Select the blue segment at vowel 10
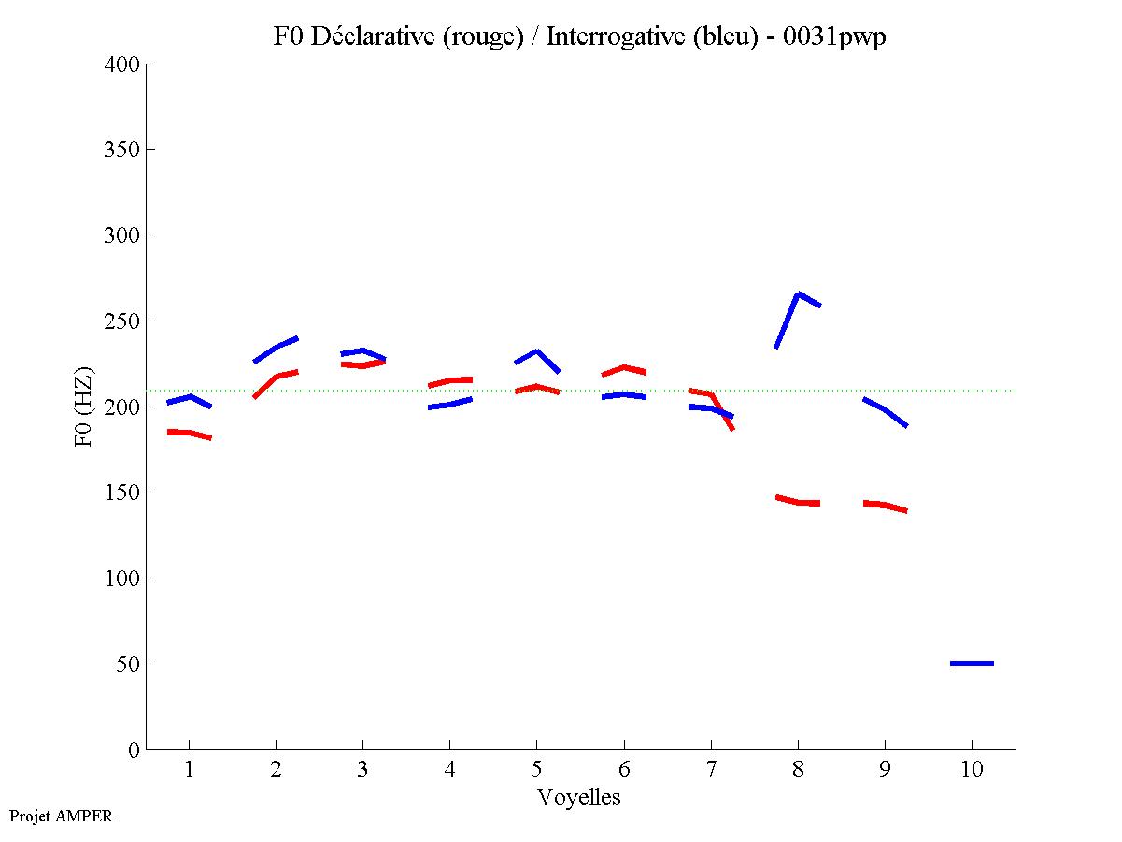(972, 664)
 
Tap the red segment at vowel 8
(798, 502)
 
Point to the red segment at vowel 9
(885, 505)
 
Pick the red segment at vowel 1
(190, 433)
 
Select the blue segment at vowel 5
(536, 351)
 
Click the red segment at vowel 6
(624, 367)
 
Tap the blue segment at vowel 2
(277, 347)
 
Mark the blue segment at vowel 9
(885, 409)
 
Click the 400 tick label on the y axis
(121, 64)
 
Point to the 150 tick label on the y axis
(121, 492)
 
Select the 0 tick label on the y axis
(134, 749)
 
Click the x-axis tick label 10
(972, 771)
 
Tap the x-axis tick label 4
(449, 771)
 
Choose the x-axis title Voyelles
(579, 797)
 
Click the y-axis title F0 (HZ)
(84, 407)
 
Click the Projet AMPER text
(61, 816)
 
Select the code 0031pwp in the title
(835, 36)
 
